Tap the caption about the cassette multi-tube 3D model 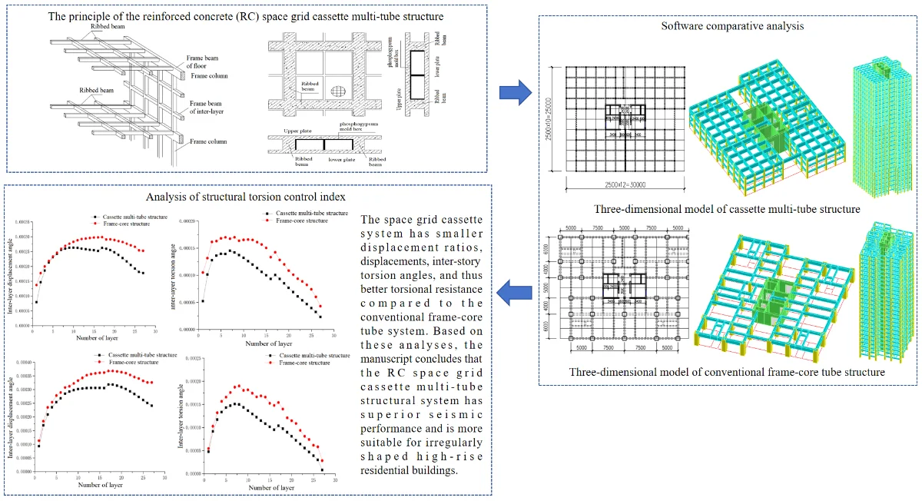(727, 208)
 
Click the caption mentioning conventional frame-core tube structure (727, 372)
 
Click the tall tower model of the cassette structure (877, 123)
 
